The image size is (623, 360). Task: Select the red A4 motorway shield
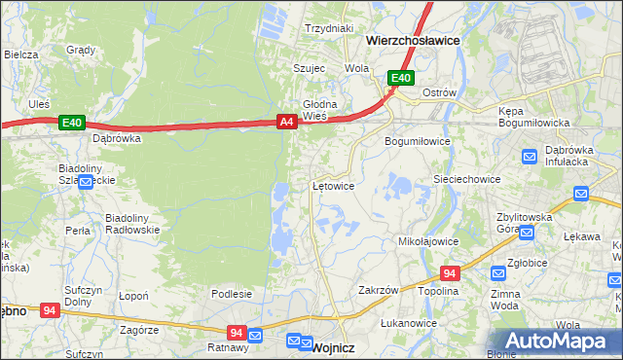point(286,122)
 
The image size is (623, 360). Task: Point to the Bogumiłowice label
point(418,141)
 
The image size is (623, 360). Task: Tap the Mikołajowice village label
point(428,240)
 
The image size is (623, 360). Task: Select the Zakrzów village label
point(379,290)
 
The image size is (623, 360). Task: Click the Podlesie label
point(232,294)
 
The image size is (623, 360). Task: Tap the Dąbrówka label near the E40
point(117,138)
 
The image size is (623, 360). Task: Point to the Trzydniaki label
point(328,28)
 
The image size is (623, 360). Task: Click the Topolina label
point(438,291)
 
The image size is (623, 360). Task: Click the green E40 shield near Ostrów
point(400,78)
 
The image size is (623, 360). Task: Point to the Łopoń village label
point(132,296)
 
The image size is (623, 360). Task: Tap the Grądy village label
point(80,49)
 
